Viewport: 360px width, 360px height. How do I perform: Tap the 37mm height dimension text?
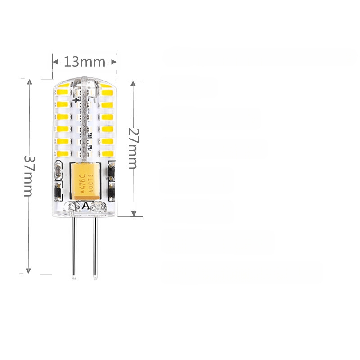point(28,176)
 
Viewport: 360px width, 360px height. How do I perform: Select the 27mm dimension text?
point(133,148)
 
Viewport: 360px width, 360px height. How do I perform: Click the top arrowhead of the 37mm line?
point(29,82)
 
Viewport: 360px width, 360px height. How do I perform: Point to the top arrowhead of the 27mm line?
point(133,84)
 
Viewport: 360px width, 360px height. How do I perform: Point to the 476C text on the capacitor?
point(82,183)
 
